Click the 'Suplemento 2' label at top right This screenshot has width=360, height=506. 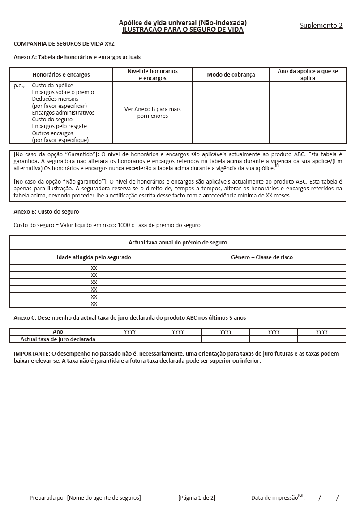(321, 26)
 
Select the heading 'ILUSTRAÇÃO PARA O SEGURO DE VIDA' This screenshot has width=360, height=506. (183, 30)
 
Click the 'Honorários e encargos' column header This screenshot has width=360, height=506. (61, 75)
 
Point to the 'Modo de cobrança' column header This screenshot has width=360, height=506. (231, 75)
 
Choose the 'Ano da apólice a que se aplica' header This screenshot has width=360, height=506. (308, 75)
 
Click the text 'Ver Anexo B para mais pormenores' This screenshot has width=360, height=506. (152, 112)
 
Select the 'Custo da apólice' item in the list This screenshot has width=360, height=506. (52, 86)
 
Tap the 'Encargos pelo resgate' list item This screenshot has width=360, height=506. (59, 126)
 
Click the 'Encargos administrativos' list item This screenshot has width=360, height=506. (63, 113)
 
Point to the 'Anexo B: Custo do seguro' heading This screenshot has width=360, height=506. (46, 211)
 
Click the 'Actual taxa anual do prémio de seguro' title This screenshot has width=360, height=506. (178, 243)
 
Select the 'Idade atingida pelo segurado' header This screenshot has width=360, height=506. (94, 257)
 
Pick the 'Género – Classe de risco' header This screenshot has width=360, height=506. (261, 257)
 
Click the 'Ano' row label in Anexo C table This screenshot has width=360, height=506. (58, 332)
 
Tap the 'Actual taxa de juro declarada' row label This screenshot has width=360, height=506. (58, 339)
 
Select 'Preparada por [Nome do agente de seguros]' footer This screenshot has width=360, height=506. (85, 497)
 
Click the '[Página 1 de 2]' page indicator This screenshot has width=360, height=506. (197, 497)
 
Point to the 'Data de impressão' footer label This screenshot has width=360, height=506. (274, 497)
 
